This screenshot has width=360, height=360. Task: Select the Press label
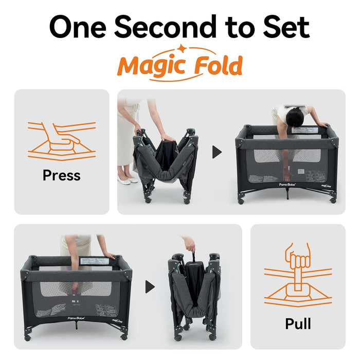(x=61, y=175)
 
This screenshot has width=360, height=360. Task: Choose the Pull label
(x=298, y=323)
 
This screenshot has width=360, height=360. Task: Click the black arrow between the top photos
(x=217, y=152)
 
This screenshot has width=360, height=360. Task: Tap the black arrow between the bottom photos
(x=150, y=286)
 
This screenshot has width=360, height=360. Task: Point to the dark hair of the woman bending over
(x=296, y=118)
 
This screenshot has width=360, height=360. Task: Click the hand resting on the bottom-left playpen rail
(x=109, y=255)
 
